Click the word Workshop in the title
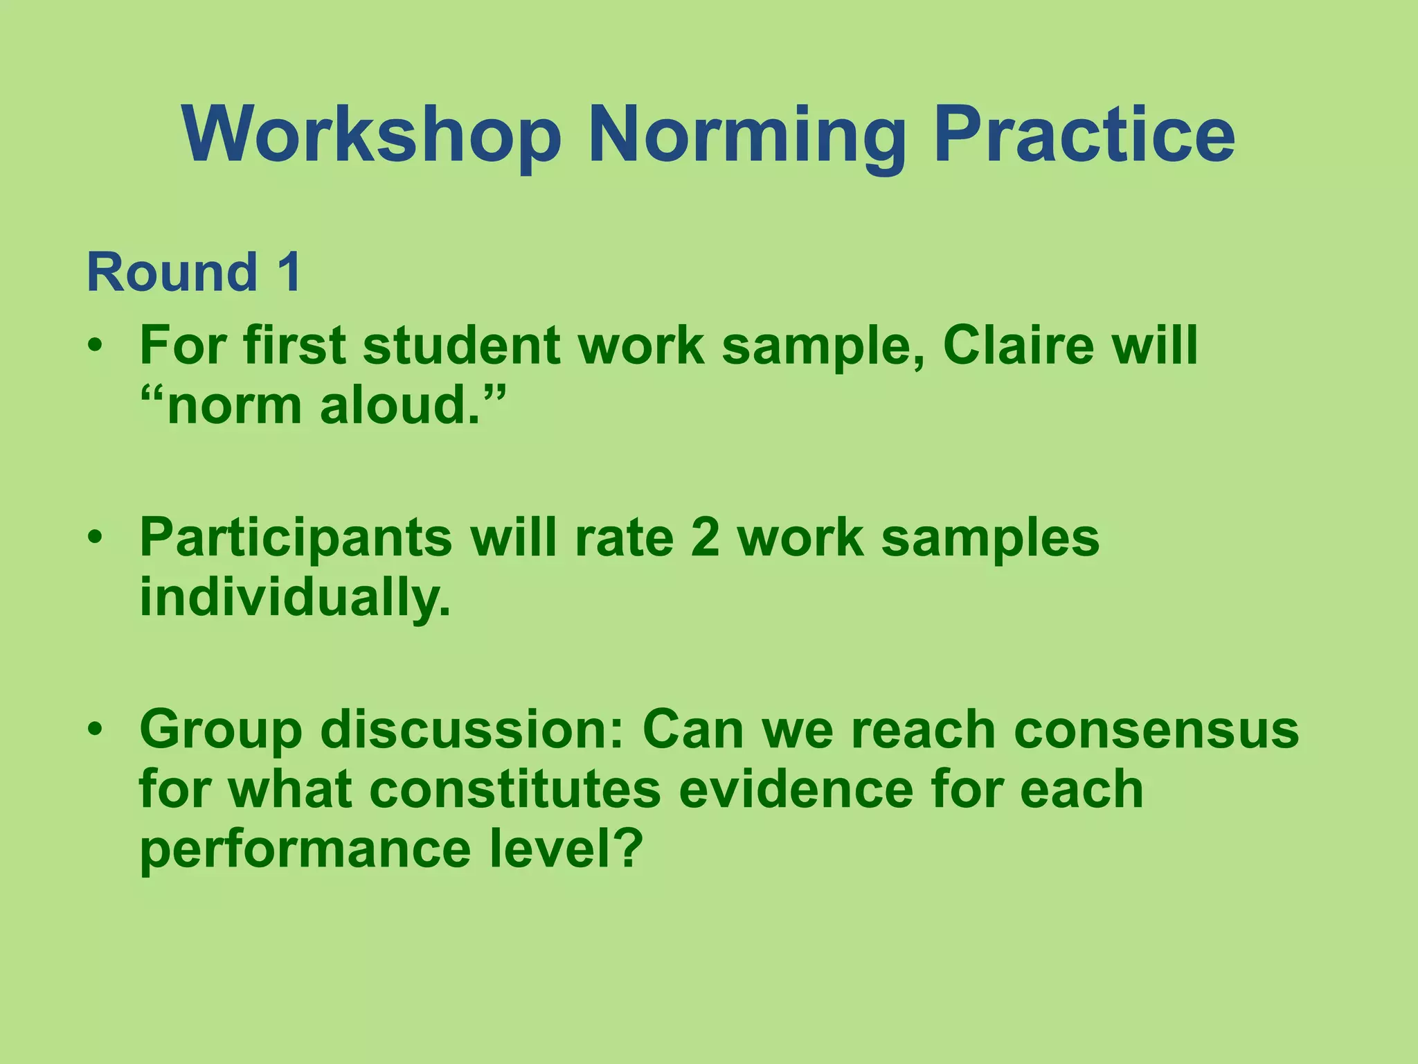pyautogui.click(x=372, y=135)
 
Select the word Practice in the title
pyautogui.click(x=1084, y=135)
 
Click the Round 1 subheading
pyautogui.click(x=194, y=272)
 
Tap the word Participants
pyautogui.click(x=296, y=538)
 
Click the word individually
pyautogui.click(x=295, y=596)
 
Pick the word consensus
pyautogui.click(x=1156, y=729)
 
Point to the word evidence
pyautogui.click(x=796, y=789)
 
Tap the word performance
pyautogui.click(x=305, y=850)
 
